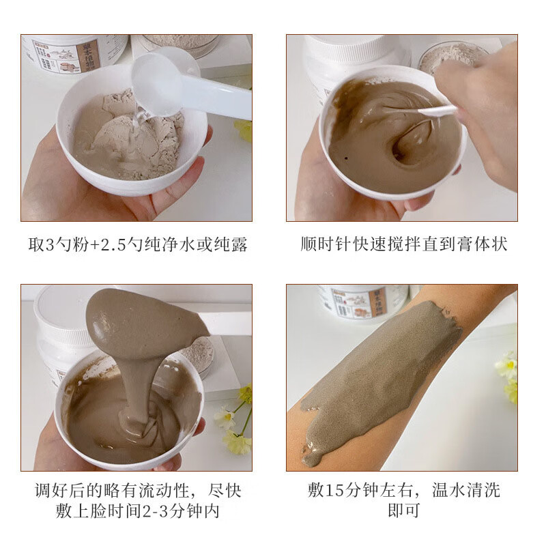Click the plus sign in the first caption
pyautogui.click(x=94, y=245)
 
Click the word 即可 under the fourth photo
pyautogui.click(x=403, y=511)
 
